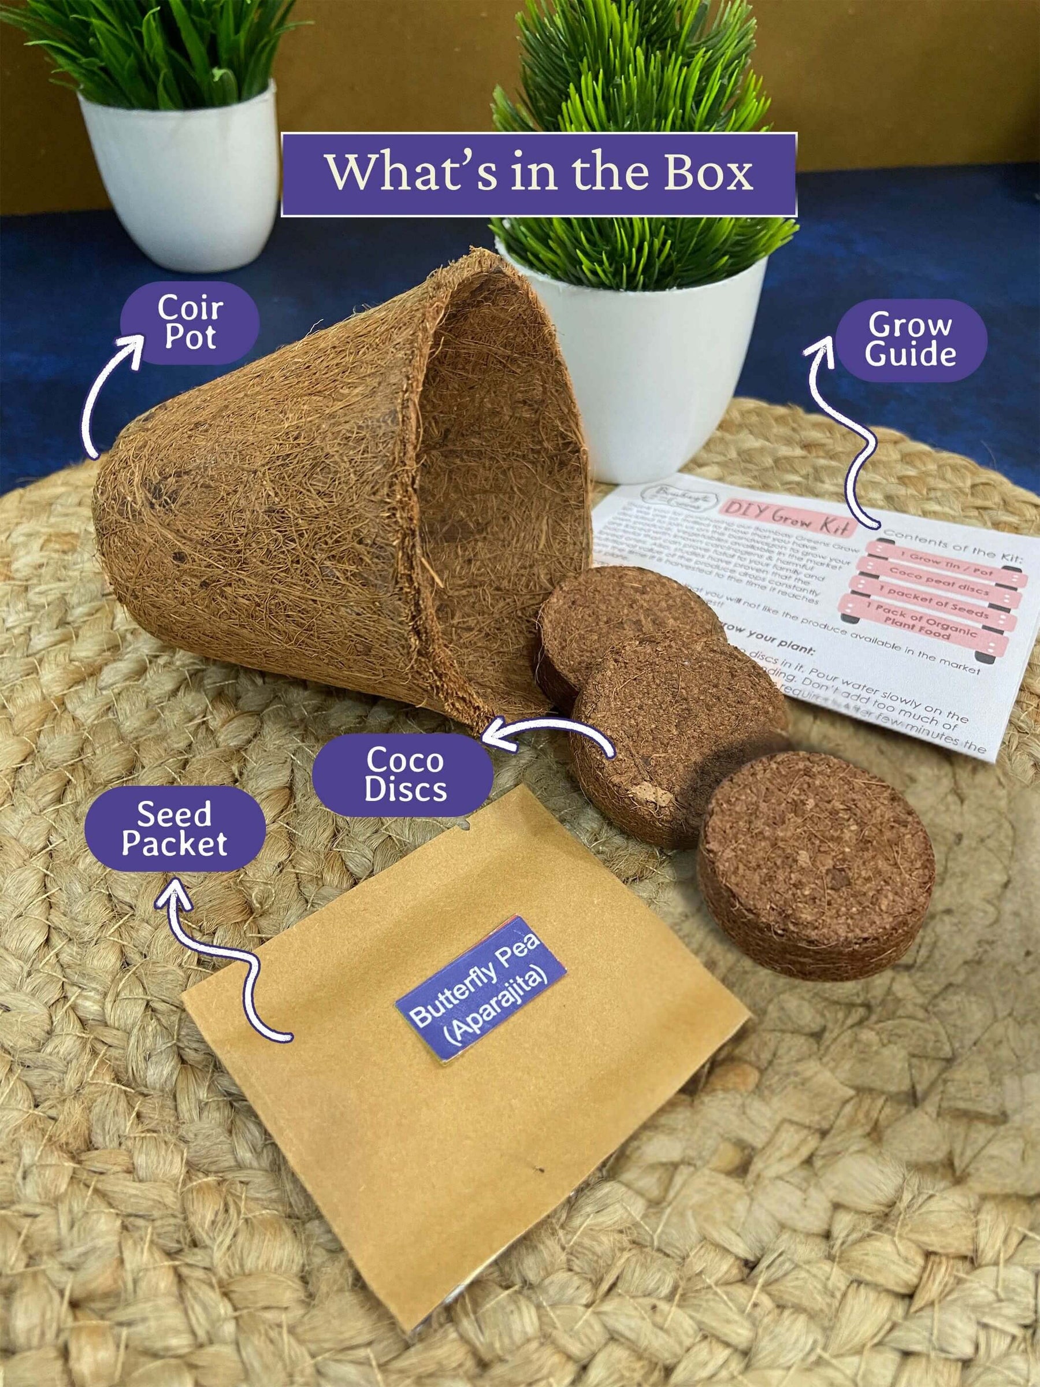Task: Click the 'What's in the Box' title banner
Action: click(538, 175)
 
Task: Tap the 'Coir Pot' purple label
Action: click(190, 322)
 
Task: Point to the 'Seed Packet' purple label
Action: click(175, 828)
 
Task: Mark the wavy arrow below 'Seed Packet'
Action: click(220, 966)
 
